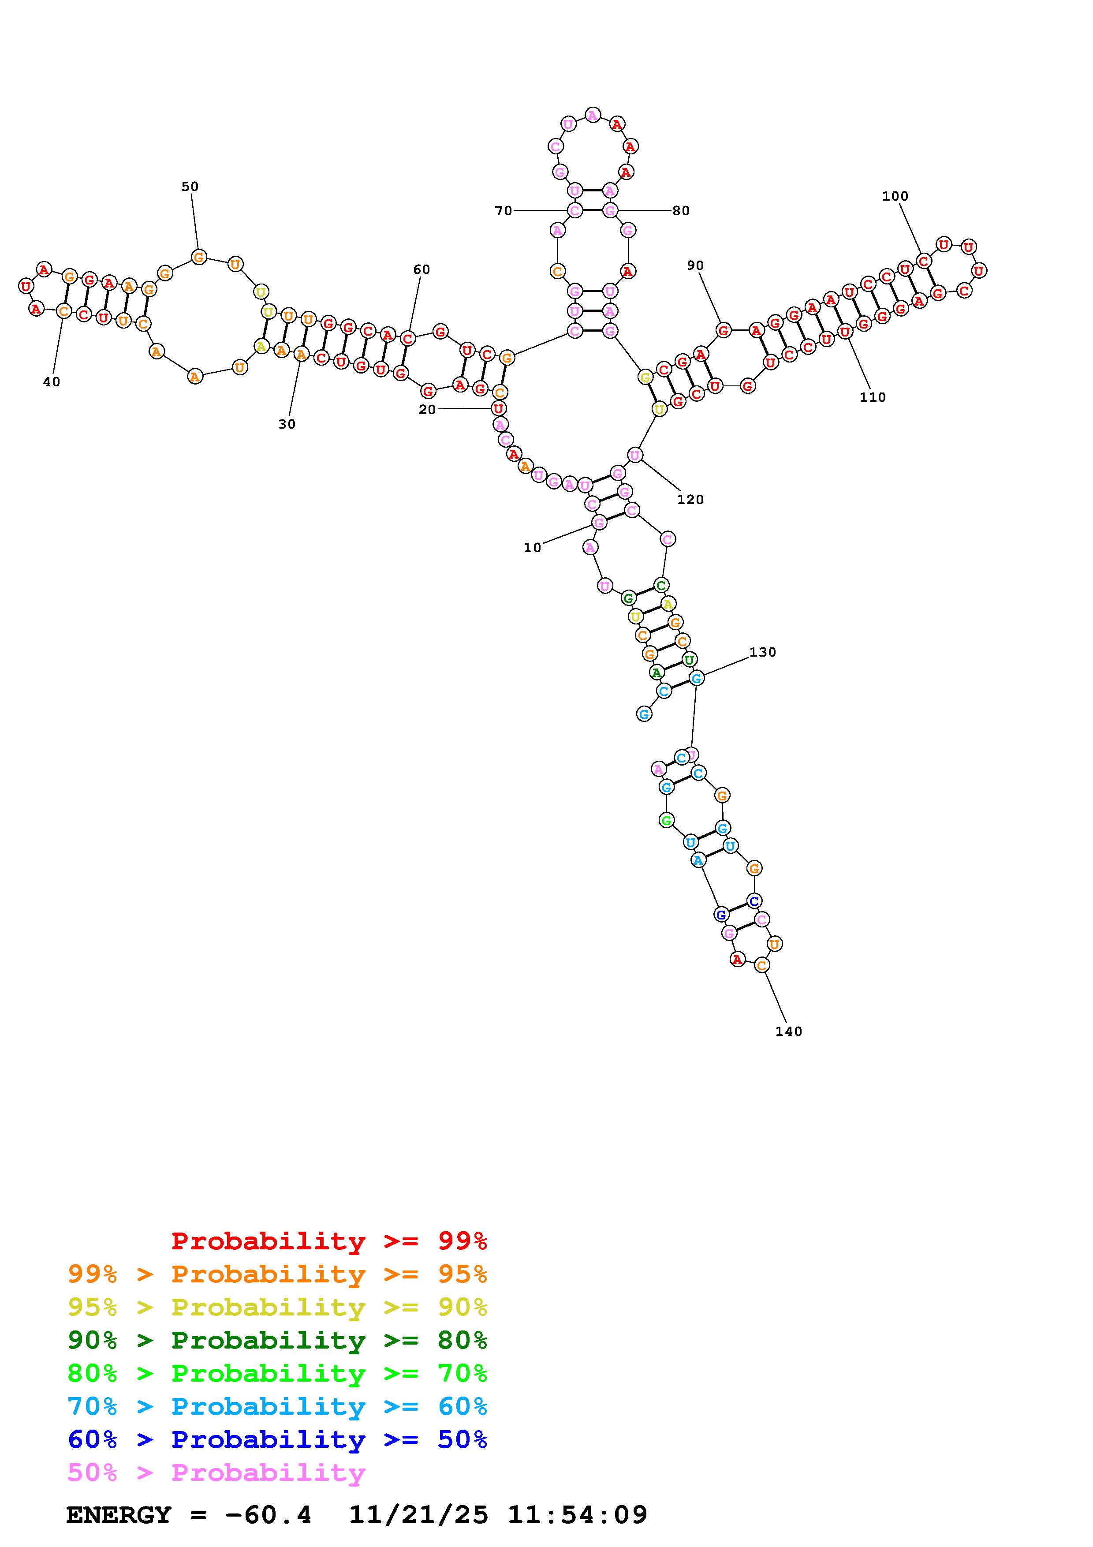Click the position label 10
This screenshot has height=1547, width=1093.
click(x=532, y=548)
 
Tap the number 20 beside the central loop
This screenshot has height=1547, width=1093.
click(x=427, y=410)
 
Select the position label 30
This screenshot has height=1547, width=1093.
click(x=287, y=425)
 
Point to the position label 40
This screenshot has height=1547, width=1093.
click(x=51, y=382)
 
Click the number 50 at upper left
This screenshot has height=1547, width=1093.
click(x=190, y=187)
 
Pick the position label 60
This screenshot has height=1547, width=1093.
click(x=422, y=269)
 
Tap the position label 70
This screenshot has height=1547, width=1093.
click(x=503, y=211)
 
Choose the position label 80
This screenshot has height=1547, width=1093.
click(x=681, y=211)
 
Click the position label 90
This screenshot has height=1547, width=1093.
click(x=695, y=265)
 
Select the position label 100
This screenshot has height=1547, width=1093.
click(x=895, y=196)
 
